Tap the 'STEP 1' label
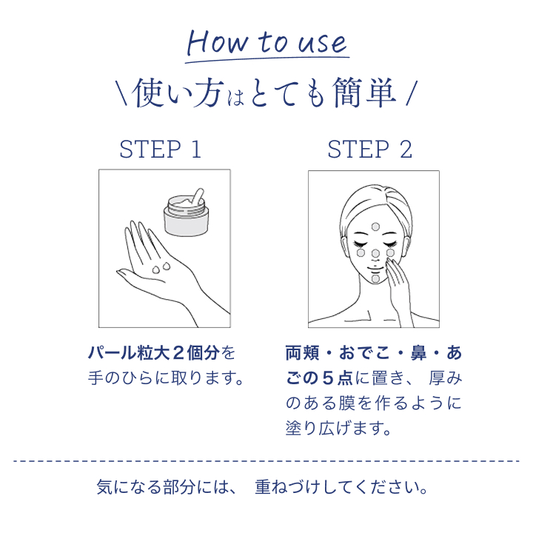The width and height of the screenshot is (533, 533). point(160,150)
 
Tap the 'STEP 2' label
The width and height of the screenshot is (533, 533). point(369,150)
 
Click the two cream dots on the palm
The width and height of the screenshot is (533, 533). point(160,267)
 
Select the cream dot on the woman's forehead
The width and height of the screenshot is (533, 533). point(375,226)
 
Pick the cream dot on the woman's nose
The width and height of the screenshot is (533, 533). point(375,254)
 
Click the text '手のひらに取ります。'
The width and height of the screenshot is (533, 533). point(167,378)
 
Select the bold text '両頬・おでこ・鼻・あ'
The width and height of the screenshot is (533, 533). point(373,352)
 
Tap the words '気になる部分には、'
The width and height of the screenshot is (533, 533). point(166,488)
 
